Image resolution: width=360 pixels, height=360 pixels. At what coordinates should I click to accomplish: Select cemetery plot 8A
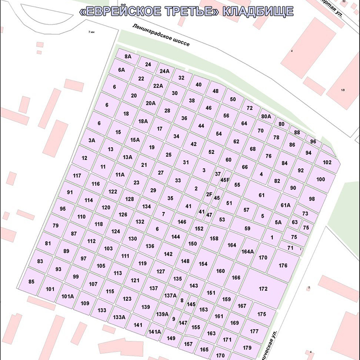(128, 57)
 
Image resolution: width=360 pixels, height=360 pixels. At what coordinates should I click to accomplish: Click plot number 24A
(164, 71)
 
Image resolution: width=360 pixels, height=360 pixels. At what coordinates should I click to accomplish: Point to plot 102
(327, 162)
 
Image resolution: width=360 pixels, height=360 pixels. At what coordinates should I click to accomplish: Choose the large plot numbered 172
(263, 288)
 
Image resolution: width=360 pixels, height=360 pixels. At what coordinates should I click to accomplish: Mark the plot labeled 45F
(225, 180)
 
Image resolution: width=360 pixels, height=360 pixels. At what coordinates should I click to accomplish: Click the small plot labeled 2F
(209, 194)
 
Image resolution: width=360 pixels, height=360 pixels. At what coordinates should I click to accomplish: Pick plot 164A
(248, 252)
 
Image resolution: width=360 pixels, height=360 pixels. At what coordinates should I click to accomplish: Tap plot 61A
(285, 205)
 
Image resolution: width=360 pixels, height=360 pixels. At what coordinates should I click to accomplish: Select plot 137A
(171, 296)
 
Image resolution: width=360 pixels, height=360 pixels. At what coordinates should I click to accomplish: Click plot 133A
(119, 317)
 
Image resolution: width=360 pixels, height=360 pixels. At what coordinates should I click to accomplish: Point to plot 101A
(67, 296)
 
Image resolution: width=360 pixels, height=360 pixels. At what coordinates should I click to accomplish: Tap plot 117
(77, 175)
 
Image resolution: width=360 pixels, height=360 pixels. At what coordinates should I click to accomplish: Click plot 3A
(92, 140)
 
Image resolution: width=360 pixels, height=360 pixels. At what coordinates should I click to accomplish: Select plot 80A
(266, 117)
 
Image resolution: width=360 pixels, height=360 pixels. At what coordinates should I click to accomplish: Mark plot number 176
(283, 265)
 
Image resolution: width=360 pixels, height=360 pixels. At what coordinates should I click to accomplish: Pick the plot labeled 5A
(278, 222)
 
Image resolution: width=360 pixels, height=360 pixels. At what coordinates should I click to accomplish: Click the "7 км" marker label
(92, 32)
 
